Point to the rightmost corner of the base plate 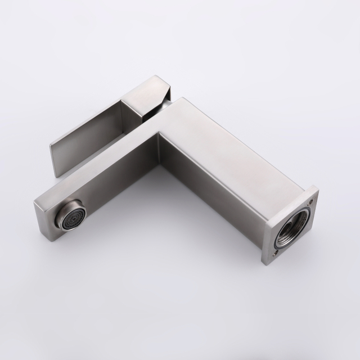point(318,192)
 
